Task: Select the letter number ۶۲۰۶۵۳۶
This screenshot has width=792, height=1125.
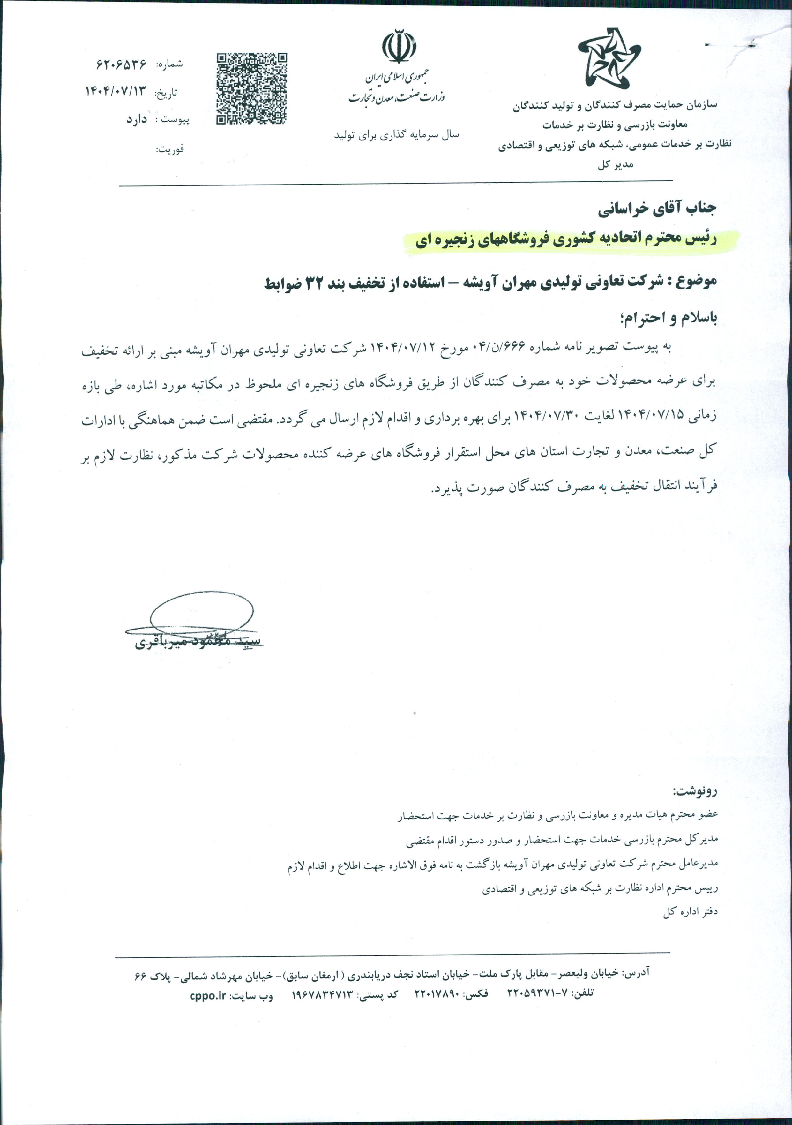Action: (122, 64)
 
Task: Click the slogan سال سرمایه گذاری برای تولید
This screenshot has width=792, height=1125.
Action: (396, 135)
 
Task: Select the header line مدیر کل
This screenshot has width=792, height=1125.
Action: (615, 165)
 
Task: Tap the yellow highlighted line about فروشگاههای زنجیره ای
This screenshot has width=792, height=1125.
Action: (566, 240)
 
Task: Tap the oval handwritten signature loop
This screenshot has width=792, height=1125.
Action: (201, 613)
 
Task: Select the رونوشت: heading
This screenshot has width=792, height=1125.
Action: (695, 791)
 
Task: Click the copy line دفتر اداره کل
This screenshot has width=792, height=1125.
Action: (690, 912)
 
